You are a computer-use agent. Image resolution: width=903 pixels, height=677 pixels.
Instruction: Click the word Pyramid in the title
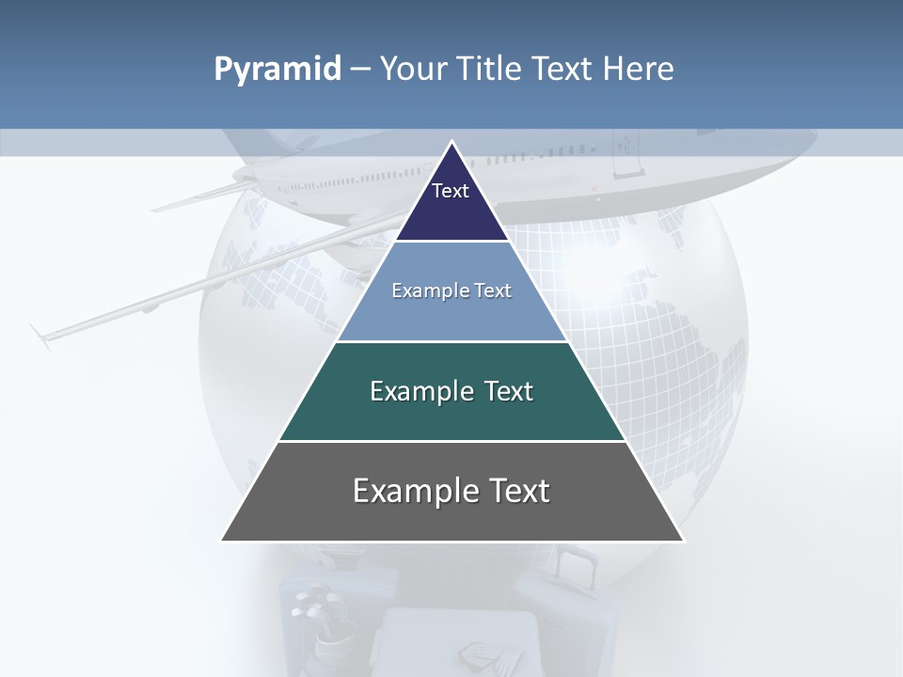[277, 70]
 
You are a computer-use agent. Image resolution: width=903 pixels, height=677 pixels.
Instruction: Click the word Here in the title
[639, 70]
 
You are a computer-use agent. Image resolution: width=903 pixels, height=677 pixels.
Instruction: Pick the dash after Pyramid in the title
[359, 71]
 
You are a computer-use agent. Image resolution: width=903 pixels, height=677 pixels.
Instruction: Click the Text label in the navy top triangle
[451, 191]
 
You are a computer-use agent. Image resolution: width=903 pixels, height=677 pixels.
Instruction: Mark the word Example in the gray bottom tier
[411, 491]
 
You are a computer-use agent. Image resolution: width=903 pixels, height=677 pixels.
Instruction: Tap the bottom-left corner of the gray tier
[222, 540]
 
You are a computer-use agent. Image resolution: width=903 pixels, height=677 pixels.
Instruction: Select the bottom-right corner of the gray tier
[683, 540]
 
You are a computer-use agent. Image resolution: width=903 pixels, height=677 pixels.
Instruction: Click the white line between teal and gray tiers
[452, 441]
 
